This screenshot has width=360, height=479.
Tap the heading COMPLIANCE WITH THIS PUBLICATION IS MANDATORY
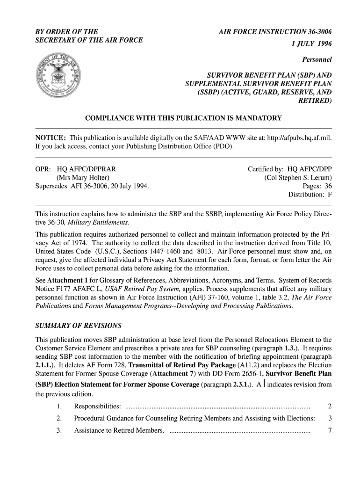183,118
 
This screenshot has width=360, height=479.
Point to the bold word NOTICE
50,138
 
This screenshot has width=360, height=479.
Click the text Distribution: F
310,195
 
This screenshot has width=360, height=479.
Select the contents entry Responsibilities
97,406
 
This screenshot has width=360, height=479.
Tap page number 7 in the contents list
330,430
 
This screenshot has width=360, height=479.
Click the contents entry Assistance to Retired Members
119,430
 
